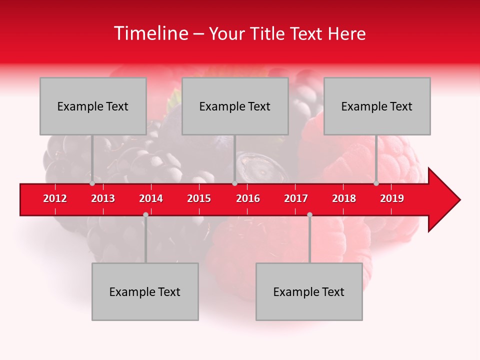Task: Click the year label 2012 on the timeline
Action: tap(55, 198)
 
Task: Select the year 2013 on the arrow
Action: tap(103, 198)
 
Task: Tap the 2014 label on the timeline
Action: tap(151, 198)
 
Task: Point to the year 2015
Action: tap(199, 198)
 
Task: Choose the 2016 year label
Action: tap(248, 198)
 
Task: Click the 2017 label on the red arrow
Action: tap(296, 198)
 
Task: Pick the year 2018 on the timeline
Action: tap(344, 198)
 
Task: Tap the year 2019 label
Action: tap(392, 198)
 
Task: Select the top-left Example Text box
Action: tap(93, 106)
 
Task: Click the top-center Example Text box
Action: tap(235, 106)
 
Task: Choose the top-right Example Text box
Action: tap(377, 106)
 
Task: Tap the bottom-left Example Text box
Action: tap(145, 291)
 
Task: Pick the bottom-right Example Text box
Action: tap(309, 291)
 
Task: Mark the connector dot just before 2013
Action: tap(92, 183)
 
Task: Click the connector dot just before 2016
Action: tap(234, 183)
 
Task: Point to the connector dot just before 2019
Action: tap(376, 183)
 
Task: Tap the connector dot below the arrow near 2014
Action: tap(145, 214)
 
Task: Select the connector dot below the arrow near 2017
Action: tap(309, 214)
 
